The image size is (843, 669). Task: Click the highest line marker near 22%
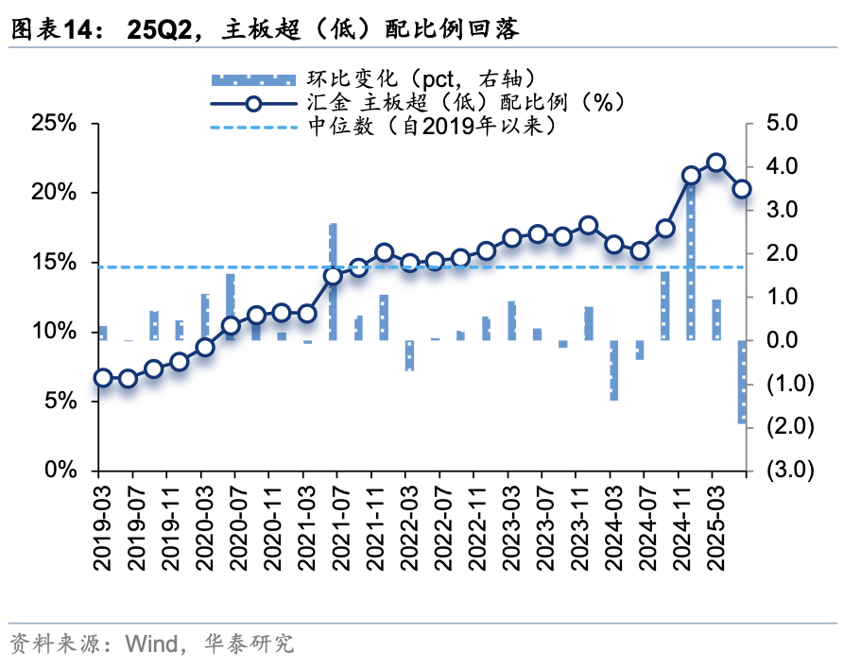[x=716, y=163]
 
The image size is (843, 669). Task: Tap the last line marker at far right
[x=742, y=189]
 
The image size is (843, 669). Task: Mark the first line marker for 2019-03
[x=103, y=378]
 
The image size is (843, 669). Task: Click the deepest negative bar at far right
[x=742, y=382]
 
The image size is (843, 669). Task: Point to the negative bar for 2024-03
[x=613, y=370]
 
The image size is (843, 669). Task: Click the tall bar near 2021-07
[x=333, y=282]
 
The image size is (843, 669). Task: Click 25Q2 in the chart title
[x=160, y=30]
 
